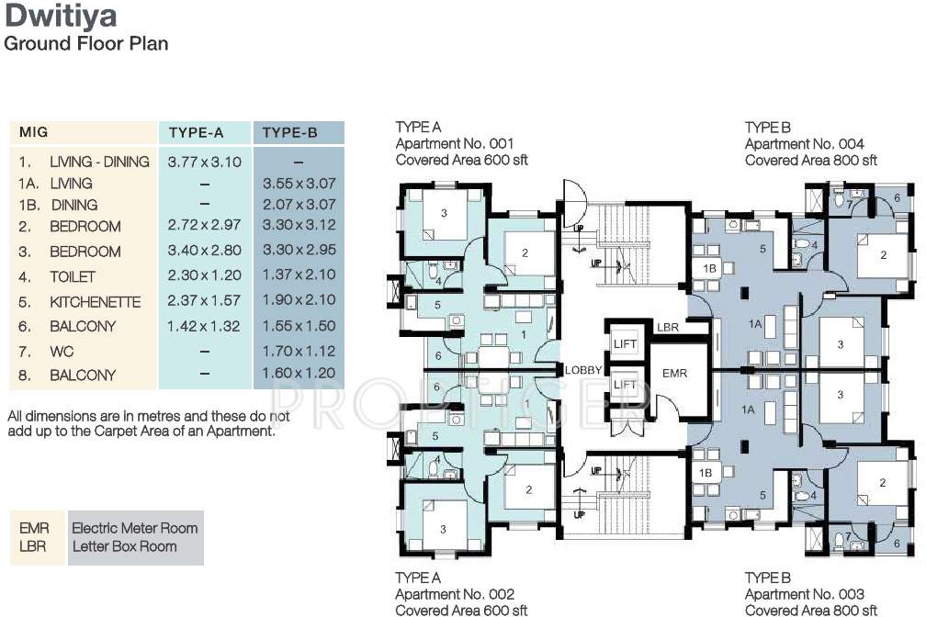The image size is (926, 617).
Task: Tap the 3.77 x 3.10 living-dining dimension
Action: pos(204,161)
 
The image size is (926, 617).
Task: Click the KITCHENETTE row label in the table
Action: pos(96,301)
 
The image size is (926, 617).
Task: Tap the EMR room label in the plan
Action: pos(674,374)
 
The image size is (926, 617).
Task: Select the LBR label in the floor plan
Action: pos(667,328)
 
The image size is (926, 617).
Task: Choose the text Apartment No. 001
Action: pos(454,143)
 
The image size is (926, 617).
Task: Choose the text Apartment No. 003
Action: pos(804,594)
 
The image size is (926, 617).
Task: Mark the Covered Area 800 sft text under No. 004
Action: pos(810,160)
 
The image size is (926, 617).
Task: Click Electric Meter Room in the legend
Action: pos(134,527)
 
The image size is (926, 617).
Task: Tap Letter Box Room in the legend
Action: pos(124,546)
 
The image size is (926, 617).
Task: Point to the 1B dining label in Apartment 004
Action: pos(709,268)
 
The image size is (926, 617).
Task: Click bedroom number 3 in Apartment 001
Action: pos(444,213)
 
